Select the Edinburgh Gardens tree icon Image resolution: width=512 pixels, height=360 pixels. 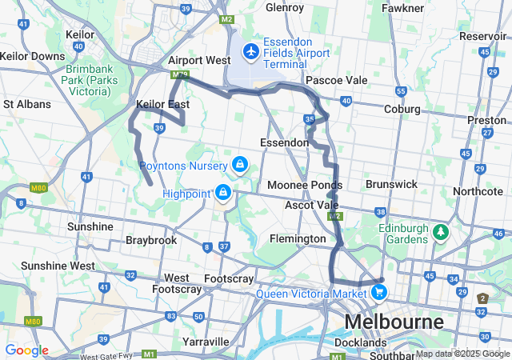point(439,232)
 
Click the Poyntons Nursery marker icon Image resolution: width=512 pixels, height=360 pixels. point(238,165)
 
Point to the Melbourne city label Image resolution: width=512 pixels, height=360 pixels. point(394,322)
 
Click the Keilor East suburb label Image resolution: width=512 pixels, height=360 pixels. point(162,105)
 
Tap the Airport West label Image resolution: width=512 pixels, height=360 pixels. point(199,60)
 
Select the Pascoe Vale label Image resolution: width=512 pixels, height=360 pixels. point(336,80)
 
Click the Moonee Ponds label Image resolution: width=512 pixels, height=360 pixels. point(299,186)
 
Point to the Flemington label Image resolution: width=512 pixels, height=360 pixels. point(298,238)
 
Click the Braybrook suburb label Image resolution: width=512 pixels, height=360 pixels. point(151,240)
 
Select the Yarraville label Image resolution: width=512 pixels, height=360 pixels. point(206,341)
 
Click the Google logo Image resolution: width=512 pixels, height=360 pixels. point(26,350)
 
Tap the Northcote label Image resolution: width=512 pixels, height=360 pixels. point(478,191)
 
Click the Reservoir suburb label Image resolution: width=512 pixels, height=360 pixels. point(483,36)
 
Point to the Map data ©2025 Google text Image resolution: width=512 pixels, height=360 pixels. point(462,354)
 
